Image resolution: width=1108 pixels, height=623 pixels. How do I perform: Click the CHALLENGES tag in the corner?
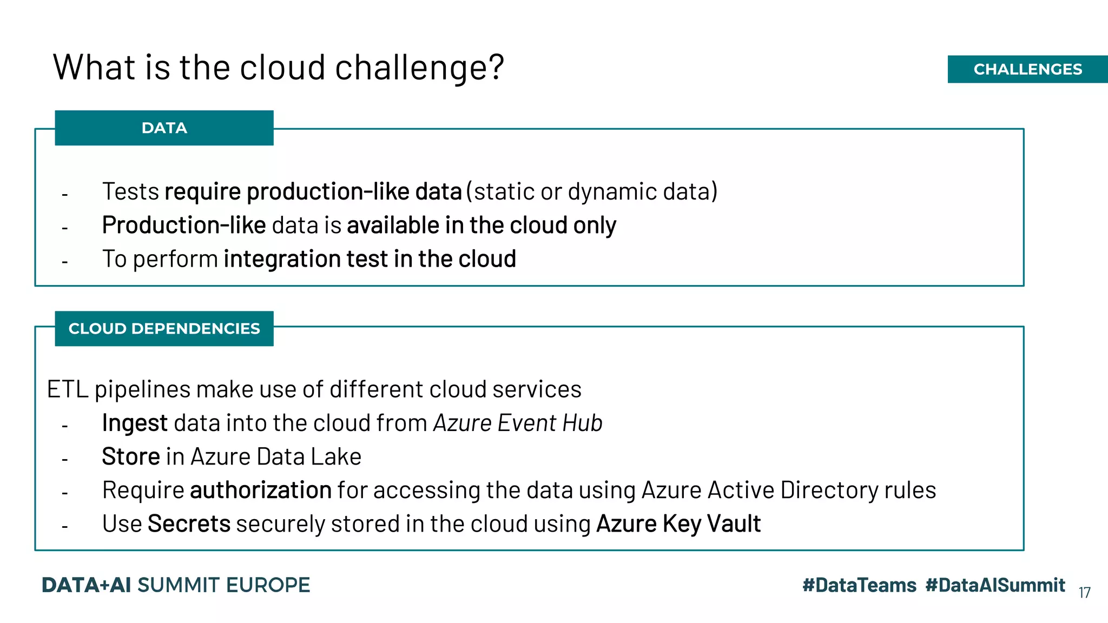pos(1027,69)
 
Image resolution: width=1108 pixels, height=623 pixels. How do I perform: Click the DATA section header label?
pos(164,128)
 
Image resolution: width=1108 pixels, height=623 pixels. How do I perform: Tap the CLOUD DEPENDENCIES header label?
pos(164,328)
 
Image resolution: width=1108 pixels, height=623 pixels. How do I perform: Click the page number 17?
pos(1084,593)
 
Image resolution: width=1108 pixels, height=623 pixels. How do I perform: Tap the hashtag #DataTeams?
pos(859,585)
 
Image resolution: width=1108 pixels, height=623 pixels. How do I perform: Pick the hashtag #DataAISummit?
pos(995,585)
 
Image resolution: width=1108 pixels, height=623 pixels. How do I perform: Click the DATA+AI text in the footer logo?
pos(87,585)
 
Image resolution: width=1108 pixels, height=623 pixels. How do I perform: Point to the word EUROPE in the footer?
pos(268,585)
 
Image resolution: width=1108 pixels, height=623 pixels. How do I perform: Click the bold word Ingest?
pos(135,423)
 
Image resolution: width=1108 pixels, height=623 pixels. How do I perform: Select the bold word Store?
pos(131,456)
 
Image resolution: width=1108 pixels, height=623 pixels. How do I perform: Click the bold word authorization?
pos(261,491)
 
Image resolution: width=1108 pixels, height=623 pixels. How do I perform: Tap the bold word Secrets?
pos(189,524)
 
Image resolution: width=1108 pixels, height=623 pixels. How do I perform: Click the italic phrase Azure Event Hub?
pos(518,423)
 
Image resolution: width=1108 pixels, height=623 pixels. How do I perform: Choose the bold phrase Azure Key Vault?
pos(678,524)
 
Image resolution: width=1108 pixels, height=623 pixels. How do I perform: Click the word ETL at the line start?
pos(68,389)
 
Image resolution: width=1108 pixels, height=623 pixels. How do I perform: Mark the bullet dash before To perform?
pos(65,262)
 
